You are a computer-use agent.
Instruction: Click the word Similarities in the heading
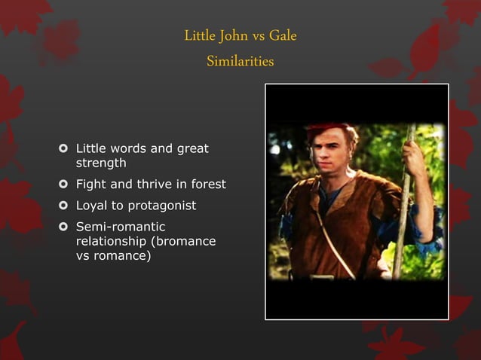(240, 61)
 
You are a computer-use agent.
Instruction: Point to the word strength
(100, 163)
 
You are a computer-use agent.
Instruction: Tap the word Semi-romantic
(120, 227)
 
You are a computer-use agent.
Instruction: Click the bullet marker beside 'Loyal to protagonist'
(63, 206)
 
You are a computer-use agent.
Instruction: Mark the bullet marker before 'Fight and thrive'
(63, 185)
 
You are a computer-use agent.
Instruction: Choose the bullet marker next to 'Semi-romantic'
(63, 227)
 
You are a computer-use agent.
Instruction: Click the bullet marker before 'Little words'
(63, 149)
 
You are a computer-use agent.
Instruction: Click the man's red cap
(329, 129)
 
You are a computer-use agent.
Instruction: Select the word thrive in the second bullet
(151, 185)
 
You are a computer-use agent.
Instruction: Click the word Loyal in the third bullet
(91, 206)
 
